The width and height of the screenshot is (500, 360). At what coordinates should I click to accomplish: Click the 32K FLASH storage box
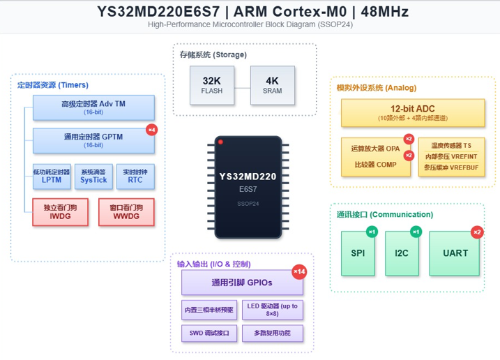click(212, 85)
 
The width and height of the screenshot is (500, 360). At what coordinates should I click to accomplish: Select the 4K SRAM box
click(273, 85)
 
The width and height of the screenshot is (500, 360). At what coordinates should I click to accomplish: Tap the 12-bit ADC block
click(413, 112)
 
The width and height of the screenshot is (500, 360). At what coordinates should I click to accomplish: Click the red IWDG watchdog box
click(60, 212)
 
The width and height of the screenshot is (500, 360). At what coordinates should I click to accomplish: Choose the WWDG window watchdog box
click(126, 212)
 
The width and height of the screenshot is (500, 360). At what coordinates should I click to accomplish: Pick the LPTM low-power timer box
click(52, 177)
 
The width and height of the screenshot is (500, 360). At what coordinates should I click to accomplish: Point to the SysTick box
click(93, 177)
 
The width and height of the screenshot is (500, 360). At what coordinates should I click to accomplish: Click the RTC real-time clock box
click(135, 177)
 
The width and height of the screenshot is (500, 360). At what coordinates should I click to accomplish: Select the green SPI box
click(358, 253)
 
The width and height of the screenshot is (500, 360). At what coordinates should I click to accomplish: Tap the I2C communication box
click(402, 253)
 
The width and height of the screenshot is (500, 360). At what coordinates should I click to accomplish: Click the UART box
click(455, 253)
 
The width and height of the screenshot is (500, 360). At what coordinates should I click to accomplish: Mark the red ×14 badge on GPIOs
click(299, 272)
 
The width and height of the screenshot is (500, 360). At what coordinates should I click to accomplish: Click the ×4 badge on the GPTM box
click(152, 130)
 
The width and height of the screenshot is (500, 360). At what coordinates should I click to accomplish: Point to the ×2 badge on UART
click(477, 232)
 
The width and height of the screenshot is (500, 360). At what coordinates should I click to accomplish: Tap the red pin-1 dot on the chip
click(220, 142)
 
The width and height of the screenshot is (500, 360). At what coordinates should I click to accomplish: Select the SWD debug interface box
click(209, 333)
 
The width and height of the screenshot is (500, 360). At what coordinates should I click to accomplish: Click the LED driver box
click(273, 310)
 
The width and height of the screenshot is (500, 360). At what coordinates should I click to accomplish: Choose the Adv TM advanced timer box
click(93, 107)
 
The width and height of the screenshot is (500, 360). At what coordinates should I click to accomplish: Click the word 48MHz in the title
click(384, 12)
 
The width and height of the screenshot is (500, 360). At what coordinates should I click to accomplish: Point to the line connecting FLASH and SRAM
click(243, 88)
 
